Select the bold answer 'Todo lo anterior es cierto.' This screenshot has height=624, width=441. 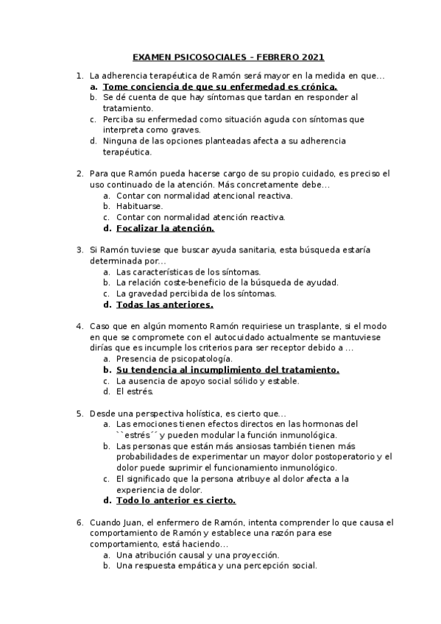pos(176,500)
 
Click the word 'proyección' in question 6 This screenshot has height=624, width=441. pos(255,555)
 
